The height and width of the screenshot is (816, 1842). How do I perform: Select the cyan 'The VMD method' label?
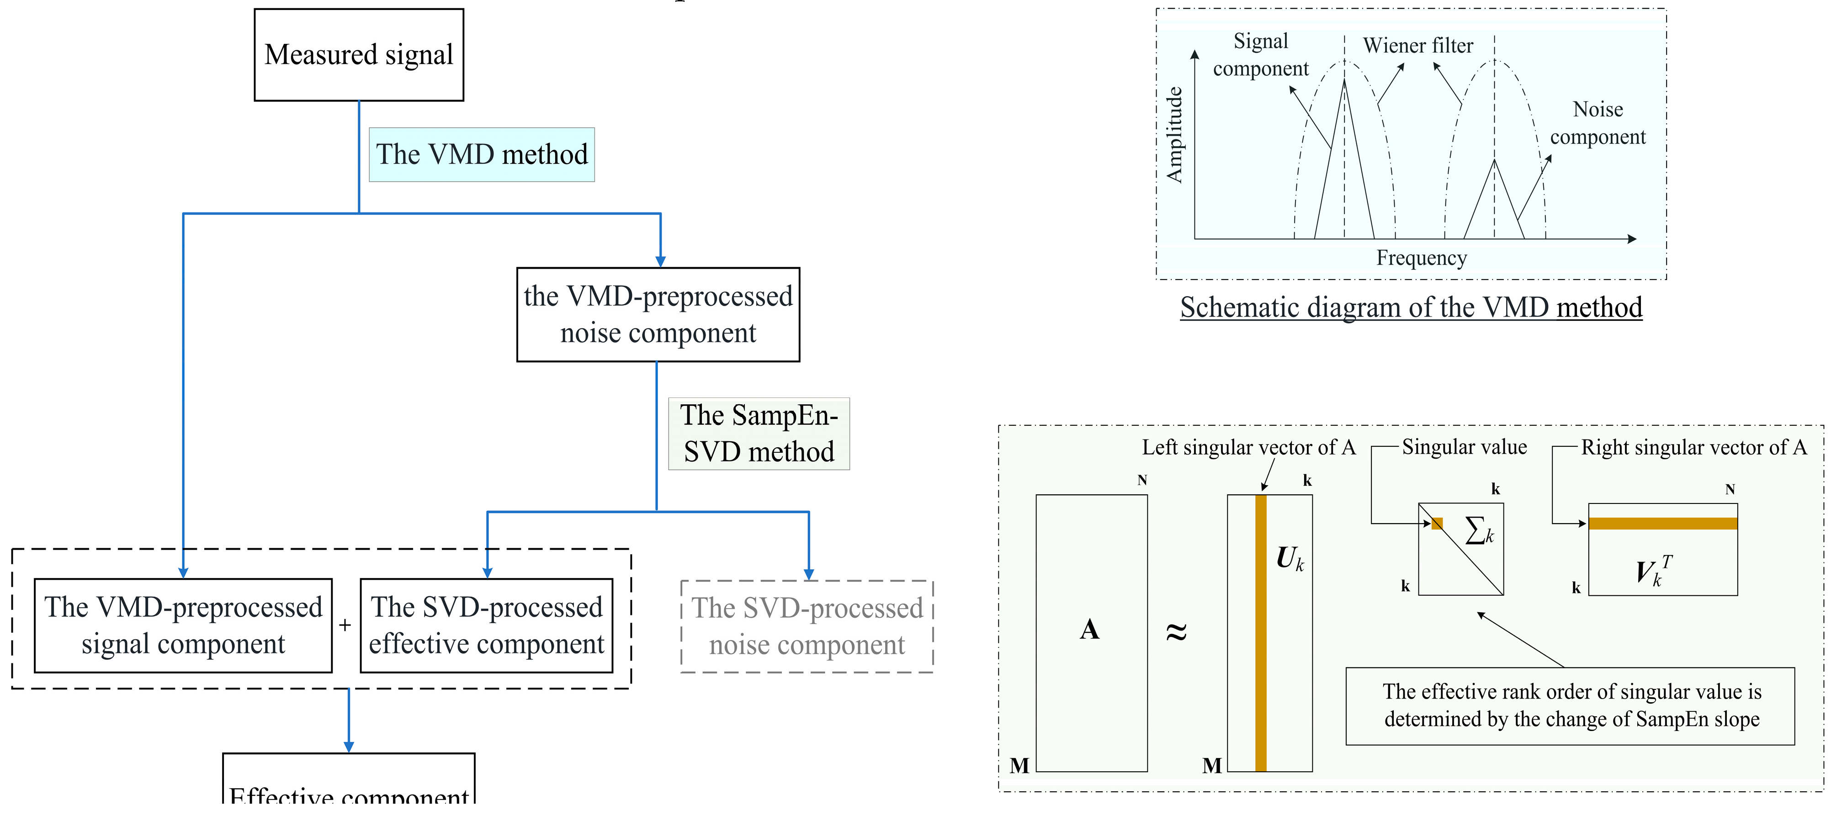coord(481,154)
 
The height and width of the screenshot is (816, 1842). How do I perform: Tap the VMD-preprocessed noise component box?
coord(658,315)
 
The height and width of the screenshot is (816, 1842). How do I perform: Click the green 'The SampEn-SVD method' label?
coord(759,434)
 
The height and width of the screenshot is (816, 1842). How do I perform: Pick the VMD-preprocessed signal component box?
coord(183,625)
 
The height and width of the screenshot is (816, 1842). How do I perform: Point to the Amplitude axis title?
coord(1173,134)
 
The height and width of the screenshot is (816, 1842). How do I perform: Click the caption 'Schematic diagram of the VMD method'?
coord(1411,307)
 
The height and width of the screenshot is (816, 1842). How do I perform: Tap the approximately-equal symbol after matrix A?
coord(1176,631)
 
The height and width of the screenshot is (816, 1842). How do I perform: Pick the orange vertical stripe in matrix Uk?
coord(1261,644)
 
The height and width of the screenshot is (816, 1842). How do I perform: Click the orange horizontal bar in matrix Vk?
coord(1662,524)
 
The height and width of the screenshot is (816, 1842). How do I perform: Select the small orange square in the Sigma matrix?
coord(1437,524)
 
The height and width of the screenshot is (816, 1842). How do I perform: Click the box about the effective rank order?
coord(1570,706)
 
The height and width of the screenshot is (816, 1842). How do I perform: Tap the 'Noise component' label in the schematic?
coord(1598,123)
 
